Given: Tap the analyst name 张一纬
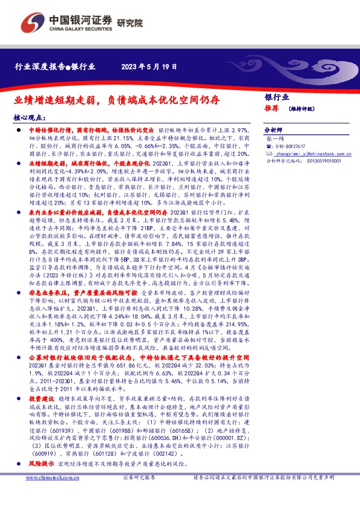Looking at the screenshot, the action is [275, 139].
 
